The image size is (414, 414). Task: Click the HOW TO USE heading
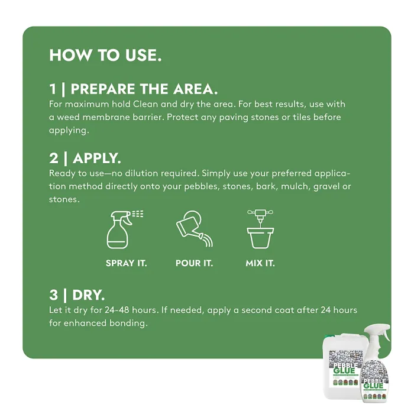coord(105,55)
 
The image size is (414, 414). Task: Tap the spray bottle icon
coord(124,229)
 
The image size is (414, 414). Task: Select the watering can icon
coord(195,229)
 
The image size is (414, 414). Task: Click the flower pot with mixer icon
coord(260,229)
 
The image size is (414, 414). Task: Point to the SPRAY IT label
coord(126,263)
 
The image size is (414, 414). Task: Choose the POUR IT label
coord(194,263)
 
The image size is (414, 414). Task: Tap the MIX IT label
coord(260,263)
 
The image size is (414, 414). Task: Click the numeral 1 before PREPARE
coord(53,89)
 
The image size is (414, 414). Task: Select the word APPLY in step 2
coord(97,159)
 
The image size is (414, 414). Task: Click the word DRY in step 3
coord(89,295)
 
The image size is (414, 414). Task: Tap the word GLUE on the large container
coord(344,371)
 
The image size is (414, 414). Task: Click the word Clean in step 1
coord(145,104)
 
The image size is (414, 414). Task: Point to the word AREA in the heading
coord(195,89)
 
